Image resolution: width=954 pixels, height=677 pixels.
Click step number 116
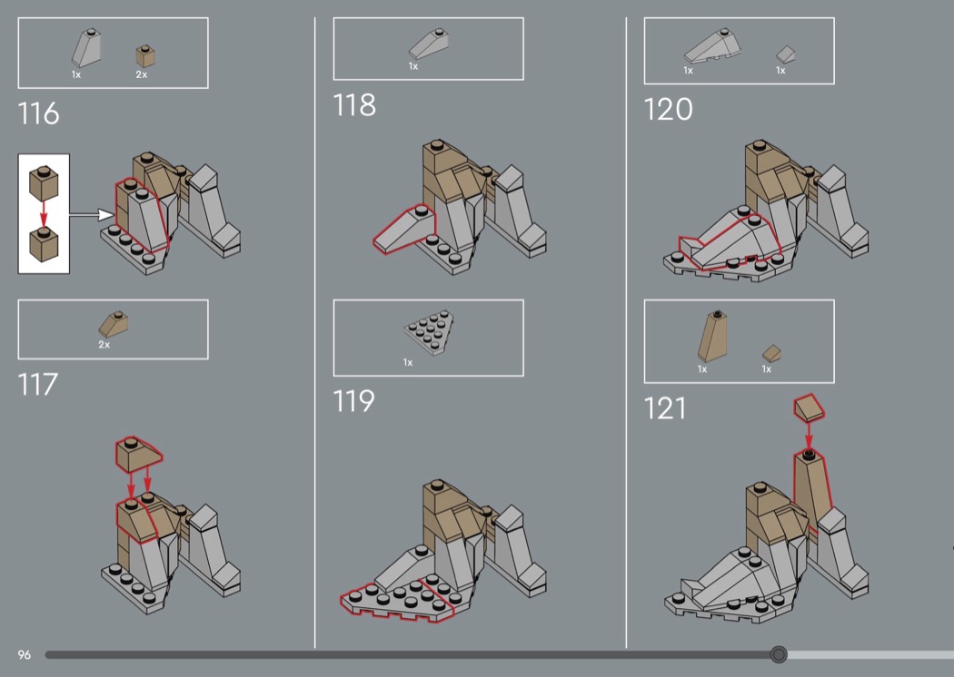pos(38,113)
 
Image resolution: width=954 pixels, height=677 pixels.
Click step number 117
pos(38,385)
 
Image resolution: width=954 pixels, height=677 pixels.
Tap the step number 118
pos(354,105)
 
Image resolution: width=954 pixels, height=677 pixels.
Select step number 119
pos(353,401)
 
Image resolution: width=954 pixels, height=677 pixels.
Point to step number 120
pos(668,110)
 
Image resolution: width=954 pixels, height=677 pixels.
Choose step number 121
pos(664,408)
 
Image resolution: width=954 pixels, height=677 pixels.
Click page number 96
pos(24,654)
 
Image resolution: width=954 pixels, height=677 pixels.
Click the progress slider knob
pos(778,654)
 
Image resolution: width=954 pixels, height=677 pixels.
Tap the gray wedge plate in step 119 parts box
pos(430,331)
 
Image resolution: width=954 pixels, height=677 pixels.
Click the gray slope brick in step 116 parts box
pos(85,47)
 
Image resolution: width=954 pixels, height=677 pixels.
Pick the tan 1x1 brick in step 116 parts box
pos(144,56)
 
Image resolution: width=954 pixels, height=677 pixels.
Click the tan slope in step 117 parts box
pos(114,325)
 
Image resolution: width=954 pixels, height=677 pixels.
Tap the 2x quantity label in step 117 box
pos(104,345)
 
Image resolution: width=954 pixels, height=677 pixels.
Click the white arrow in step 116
pos(91,214)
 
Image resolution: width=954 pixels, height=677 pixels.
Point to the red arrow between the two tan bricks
pos(44,213)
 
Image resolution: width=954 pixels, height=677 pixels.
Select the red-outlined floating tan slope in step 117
pos(139,453)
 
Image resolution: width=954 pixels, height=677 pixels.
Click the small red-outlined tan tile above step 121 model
pos(810,407)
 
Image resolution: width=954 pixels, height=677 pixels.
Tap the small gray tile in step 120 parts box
pos(786,54)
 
